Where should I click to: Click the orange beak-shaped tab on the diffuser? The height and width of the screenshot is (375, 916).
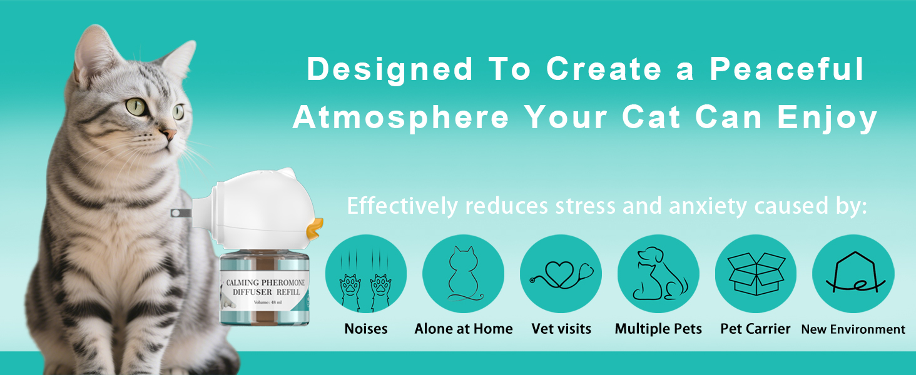point(314,228)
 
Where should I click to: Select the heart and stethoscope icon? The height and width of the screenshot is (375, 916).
point(561,274)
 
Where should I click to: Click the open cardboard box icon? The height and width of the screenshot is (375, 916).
point(756,274)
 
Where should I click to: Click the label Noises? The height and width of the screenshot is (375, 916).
point(366,329)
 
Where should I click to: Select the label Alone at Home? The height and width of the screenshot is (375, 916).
point(463,329)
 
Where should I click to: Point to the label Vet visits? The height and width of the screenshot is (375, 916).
point(561,329)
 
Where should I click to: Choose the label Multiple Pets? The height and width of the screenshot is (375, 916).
point(658,329)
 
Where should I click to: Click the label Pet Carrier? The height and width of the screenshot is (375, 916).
point(755,329)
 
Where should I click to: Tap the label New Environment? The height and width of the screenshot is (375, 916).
point(853,329)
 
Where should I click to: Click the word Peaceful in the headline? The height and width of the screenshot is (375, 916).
point(786,69)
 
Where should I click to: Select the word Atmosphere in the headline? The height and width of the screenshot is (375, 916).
point(401,117)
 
